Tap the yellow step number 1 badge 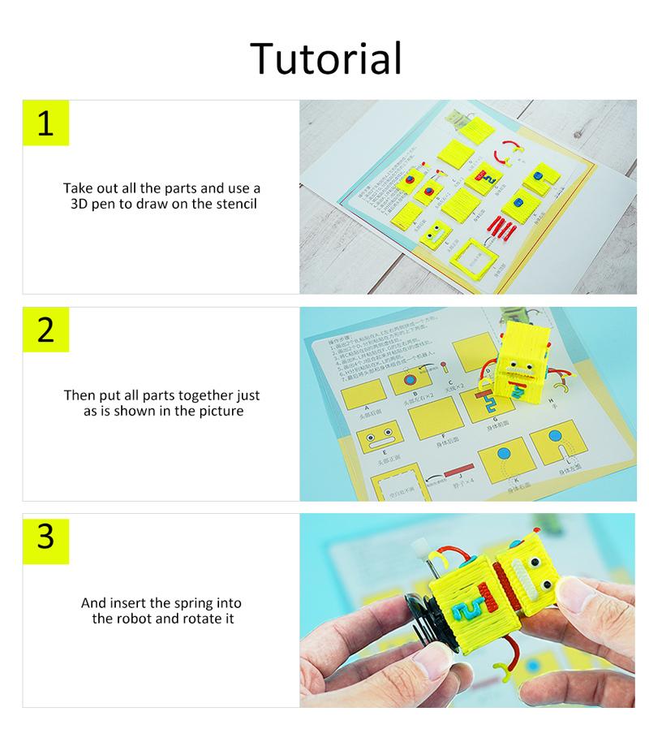pos(45,123)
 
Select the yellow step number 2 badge pos(45,330)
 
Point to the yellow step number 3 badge pos(45,537)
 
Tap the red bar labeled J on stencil pos(459,472)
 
